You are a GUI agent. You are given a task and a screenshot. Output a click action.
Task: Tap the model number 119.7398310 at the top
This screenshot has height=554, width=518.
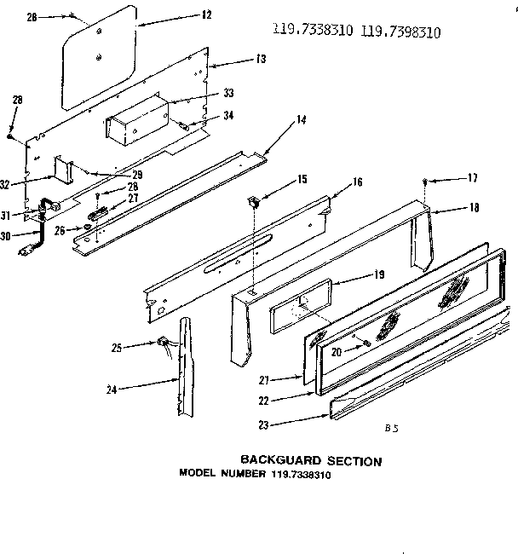pyautogui.click(x=403, y=33)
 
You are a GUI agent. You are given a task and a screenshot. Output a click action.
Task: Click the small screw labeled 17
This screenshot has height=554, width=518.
pyautogui.click(x=424, y=181)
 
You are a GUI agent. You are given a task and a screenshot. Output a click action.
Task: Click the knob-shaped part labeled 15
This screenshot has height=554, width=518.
pyautogui.click(x=253, y=202)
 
